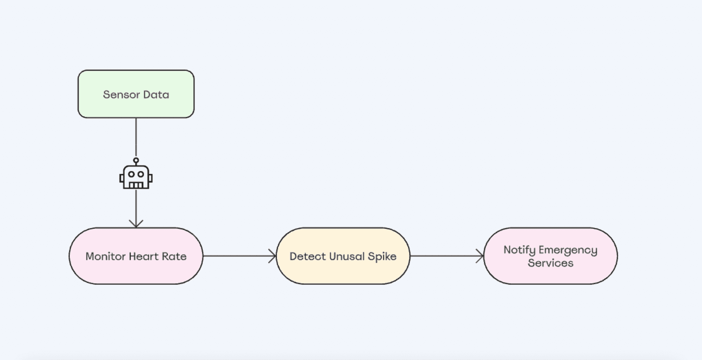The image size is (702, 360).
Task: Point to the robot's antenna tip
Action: pyautogui.click(x=136, y=160)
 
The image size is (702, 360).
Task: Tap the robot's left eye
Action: pyautogui.click(x=131, y=174)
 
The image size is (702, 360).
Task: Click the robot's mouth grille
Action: pyautogui.click(x=136, y=185)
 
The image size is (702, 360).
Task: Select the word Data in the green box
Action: pyautogui.click(x=156, y=95)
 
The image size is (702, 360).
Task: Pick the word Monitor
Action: pyautogui.click(x=105, y=256)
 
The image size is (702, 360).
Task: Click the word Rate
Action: pyautogui.click(x=174, y=256)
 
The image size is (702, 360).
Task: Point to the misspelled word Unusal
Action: pyautogui.click(x=347, y=256)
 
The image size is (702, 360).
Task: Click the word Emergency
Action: pyautogui.click(x=568, y=250)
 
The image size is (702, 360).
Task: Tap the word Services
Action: pyautogui.click(x=550, y=263)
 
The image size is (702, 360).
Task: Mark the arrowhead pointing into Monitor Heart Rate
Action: pyautogui.click(x=136, y=224)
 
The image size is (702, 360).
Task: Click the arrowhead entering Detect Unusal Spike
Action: pyautogui.click(x=273, y=256)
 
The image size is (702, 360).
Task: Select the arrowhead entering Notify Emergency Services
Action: pyautogui.click(x=480, y=256)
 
